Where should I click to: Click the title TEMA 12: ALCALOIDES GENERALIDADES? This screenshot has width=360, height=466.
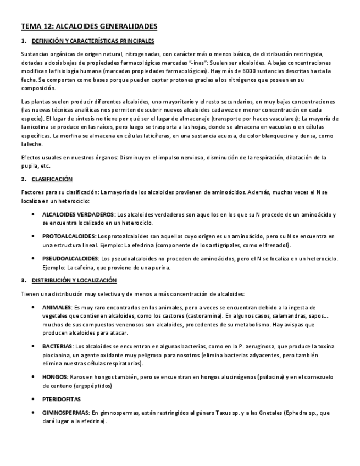coord(89,26)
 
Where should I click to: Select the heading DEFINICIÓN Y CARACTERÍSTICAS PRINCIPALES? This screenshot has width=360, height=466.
coord(93,41)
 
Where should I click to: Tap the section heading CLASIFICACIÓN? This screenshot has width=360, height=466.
coord(52,179)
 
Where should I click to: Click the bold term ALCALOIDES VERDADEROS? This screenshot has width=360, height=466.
coord(79,214)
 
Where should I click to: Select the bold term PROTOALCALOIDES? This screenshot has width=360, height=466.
coord(69,236)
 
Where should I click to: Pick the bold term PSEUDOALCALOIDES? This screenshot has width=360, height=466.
coord(70,258)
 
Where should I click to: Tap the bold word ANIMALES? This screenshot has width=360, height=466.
coord(57,307)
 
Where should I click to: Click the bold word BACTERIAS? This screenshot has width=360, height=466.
coord(58,347)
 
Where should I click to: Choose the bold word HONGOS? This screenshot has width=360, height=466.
coord(54,377)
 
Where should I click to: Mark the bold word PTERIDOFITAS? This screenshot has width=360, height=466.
coord(62,398)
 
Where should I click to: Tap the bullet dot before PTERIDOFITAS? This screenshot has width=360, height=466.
coord(35,398)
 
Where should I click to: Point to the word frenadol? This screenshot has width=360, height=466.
coord(277,245)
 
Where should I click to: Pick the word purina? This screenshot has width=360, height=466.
coord(160,267)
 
